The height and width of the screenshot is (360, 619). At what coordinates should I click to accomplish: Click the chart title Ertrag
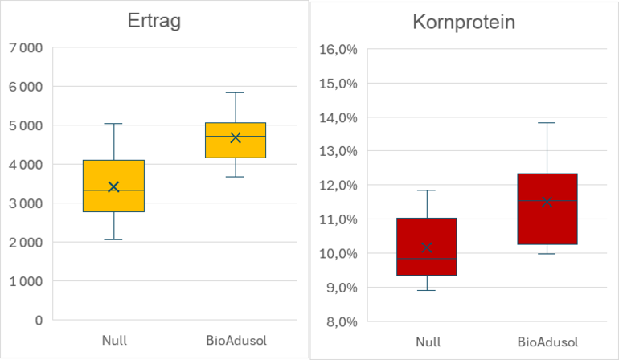tap(154, 22)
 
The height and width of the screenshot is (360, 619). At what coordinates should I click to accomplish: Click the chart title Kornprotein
tap(464, 22)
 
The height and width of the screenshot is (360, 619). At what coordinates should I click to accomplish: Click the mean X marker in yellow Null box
tap(113, 186)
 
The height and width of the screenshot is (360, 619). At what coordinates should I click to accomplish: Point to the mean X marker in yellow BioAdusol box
tap(236, 137)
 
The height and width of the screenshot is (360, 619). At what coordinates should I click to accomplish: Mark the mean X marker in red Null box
tap(427, 247)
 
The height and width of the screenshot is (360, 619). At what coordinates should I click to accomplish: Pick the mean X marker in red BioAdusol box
tap(547, 202)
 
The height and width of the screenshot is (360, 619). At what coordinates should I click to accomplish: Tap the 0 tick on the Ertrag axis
tap(38, 320)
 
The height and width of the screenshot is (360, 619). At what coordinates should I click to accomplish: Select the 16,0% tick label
tap(338, 49)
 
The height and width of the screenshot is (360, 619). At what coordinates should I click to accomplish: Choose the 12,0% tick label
tap(338, 185)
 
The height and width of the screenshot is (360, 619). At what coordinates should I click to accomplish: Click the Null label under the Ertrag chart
tap(113, 341)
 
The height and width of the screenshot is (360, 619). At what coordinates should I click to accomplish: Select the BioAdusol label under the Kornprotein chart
tap(547, 342)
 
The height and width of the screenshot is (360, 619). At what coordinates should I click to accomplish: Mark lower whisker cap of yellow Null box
tap(113, 239)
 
